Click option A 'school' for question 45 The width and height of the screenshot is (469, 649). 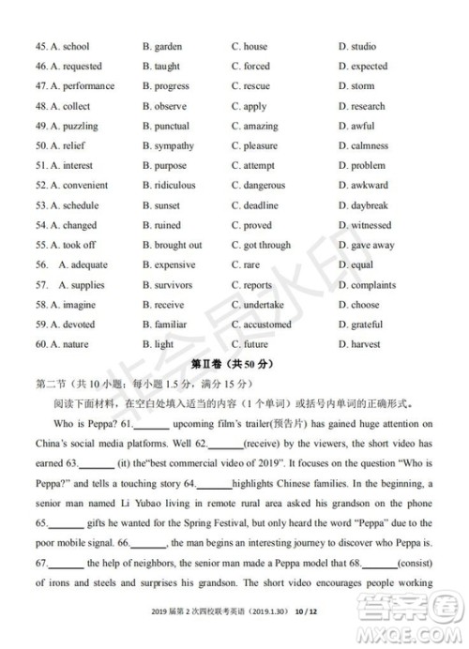point(69,46)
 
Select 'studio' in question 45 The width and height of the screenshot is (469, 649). point(362,46)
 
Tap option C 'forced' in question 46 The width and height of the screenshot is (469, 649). point(255,67)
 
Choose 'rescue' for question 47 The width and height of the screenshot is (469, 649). point(255,86)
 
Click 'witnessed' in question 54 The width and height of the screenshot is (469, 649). point(370,225)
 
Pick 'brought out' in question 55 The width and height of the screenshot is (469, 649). point(177,245)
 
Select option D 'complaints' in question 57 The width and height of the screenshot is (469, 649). point(372,285)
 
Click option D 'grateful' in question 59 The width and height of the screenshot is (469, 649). point(365,324)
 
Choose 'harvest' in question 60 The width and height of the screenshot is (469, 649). point(363,344)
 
